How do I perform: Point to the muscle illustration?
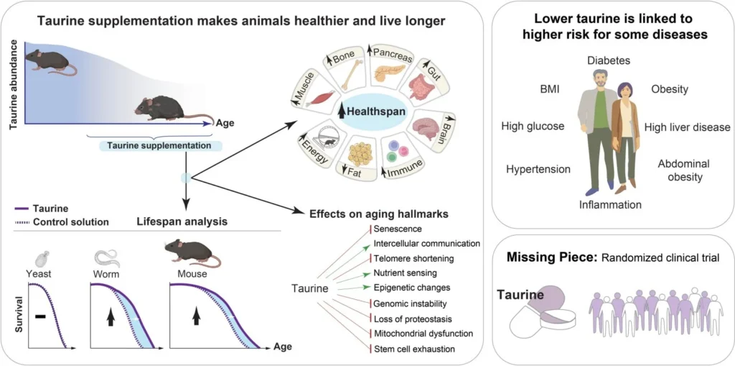(x=318, y=98)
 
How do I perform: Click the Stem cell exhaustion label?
(x=414, y=349)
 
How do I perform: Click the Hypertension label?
(x=538, y=170)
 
